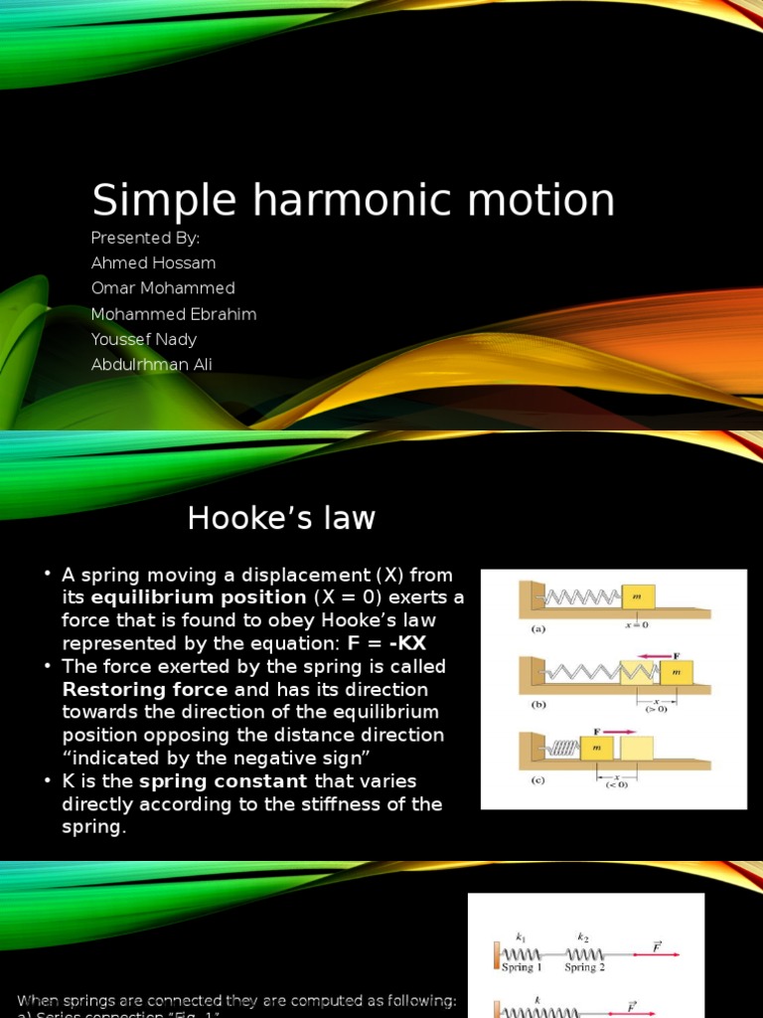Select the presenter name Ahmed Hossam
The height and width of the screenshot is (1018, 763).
(153, 262)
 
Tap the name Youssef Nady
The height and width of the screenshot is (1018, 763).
(144, 339)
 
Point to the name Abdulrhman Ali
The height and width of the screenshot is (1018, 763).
(151, 364)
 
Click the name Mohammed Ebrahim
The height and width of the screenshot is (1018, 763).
(174, 314)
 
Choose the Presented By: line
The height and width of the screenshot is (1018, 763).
(145, 238)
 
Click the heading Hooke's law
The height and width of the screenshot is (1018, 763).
(282, 518)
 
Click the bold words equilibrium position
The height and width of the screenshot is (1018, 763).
(199, 597)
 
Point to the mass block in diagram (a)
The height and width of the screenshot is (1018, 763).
(638, 596)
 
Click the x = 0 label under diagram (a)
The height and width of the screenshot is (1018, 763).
(635, 624)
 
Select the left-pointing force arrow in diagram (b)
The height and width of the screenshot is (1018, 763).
(658, 655)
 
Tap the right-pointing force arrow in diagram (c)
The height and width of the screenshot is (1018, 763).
(618, 730)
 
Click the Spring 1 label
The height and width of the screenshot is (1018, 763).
(522, 966)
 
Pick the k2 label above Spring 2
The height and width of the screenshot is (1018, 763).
(582, 936)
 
